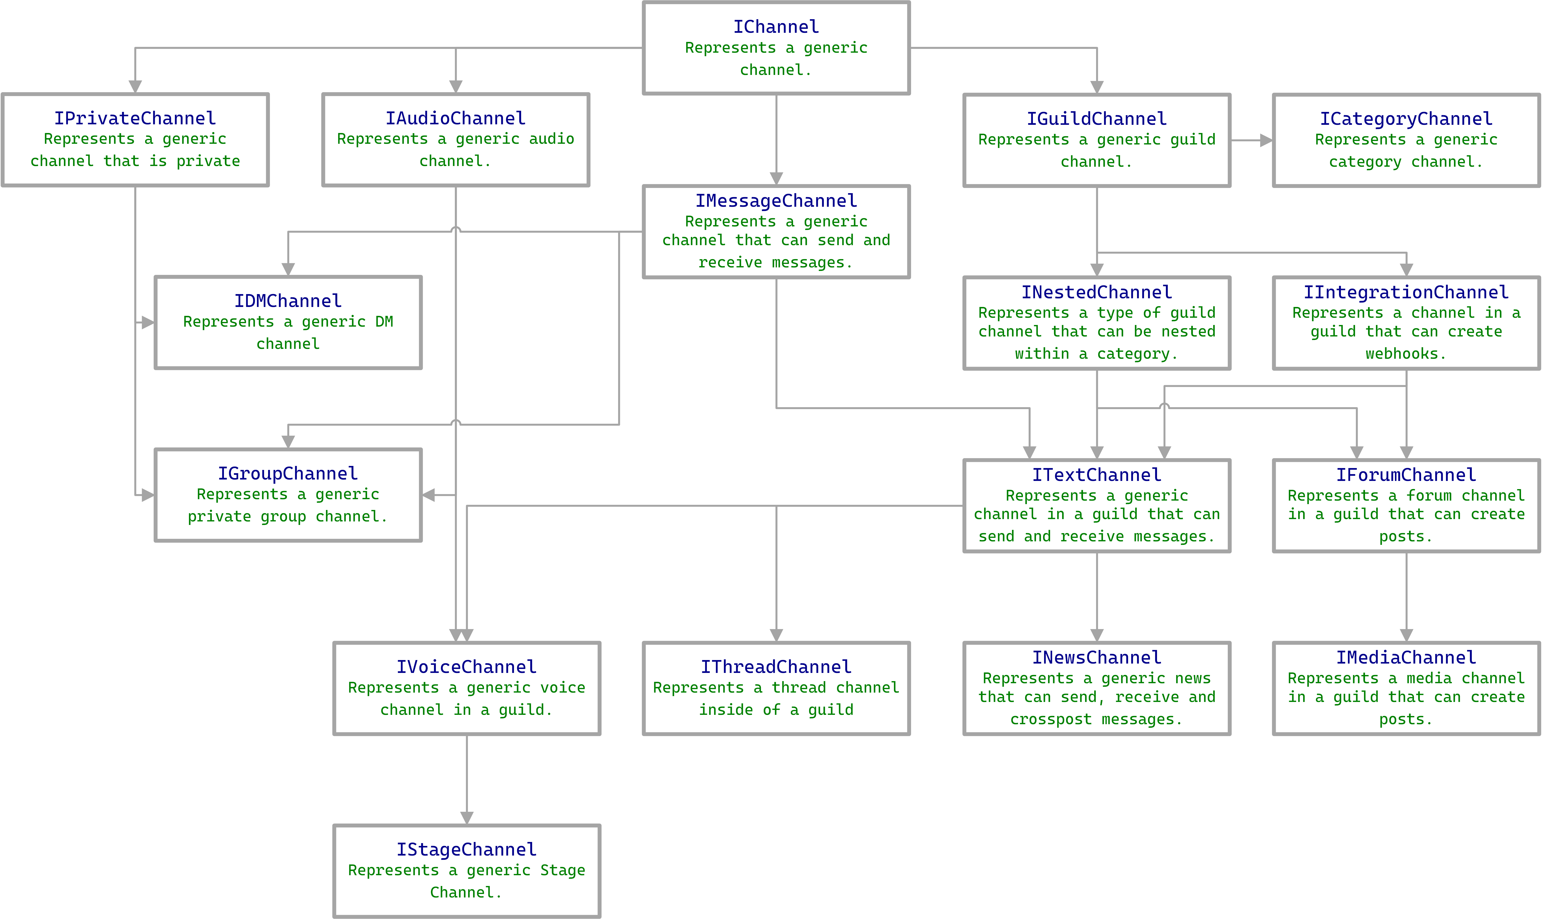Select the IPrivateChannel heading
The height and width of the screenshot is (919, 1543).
pos(135,118)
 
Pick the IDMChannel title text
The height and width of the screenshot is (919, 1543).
pos(288,301)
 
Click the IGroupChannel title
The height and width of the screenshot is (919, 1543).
pos(288,474)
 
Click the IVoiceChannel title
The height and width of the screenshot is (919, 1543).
pos(466,667)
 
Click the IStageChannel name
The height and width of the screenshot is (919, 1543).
pos(466,850)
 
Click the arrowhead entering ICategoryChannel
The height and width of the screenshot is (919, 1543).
pos(1265,140)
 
